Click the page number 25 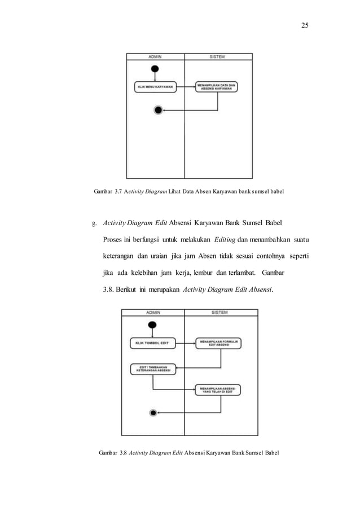tap(305, 25)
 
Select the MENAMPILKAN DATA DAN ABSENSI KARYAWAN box tap(216, 87)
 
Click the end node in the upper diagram tap(159, 109)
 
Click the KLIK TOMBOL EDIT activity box tap(152, 343)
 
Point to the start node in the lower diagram tap(151, 324)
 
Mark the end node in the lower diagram tap(153, 413)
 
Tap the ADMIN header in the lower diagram tap(153, 312)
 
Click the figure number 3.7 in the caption tap(120, 192)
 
